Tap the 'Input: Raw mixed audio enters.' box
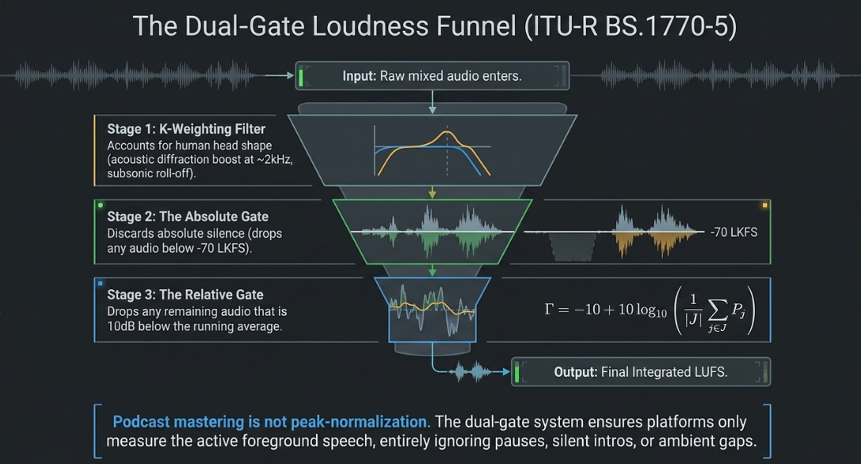432,76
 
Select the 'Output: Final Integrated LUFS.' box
640,371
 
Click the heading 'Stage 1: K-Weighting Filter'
185,129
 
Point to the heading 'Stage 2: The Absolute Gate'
188,216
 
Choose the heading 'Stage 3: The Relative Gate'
185,295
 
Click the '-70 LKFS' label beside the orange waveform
733,232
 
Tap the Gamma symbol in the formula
549,309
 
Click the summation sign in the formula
718,310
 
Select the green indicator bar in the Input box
300,76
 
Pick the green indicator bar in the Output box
516,371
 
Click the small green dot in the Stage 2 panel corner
101,205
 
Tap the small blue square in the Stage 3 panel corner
101,283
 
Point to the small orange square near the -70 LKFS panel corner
764,205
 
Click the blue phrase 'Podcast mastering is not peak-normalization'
270,422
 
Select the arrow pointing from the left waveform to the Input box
280,76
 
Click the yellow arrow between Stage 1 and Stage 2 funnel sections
432,192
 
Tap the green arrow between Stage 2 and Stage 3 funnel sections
432,270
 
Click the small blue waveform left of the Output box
471,371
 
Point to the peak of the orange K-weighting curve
447,131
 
